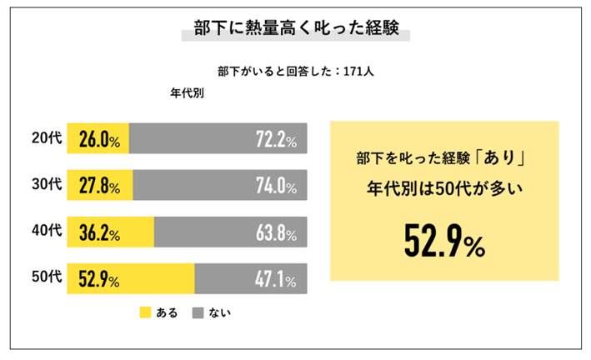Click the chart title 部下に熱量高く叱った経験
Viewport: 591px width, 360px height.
[296, 29]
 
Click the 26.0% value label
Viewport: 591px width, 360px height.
[99, 140]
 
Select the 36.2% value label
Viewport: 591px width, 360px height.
[99, 232]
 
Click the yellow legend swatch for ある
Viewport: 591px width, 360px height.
[145, 313]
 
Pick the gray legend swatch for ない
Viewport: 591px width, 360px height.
[198, 313]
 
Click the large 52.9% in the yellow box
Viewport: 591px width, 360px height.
[444, 241]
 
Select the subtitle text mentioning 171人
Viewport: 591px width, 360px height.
[295, 72]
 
